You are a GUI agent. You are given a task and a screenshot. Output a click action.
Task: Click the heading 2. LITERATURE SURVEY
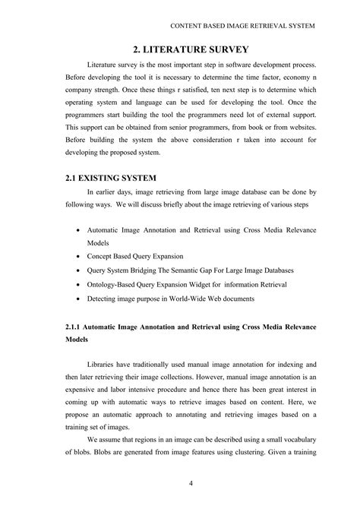(180, 50)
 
